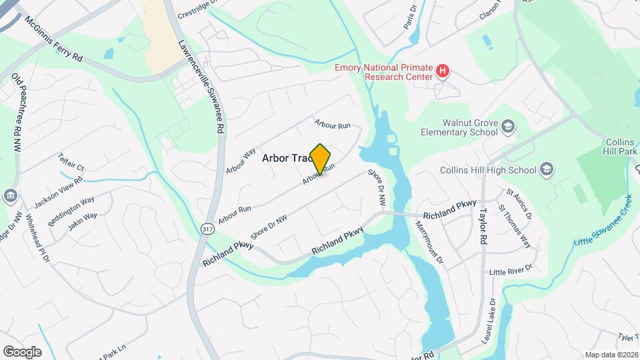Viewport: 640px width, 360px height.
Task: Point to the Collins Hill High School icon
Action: point(547,169)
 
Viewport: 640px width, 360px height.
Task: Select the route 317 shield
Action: point(207,229)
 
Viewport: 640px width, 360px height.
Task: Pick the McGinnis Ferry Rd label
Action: point(53,40)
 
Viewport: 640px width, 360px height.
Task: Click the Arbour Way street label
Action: point(241,161)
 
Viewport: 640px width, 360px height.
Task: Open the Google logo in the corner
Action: point(22,352)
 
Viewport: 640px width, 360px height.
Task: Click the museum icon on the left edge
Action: point(11,195)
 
